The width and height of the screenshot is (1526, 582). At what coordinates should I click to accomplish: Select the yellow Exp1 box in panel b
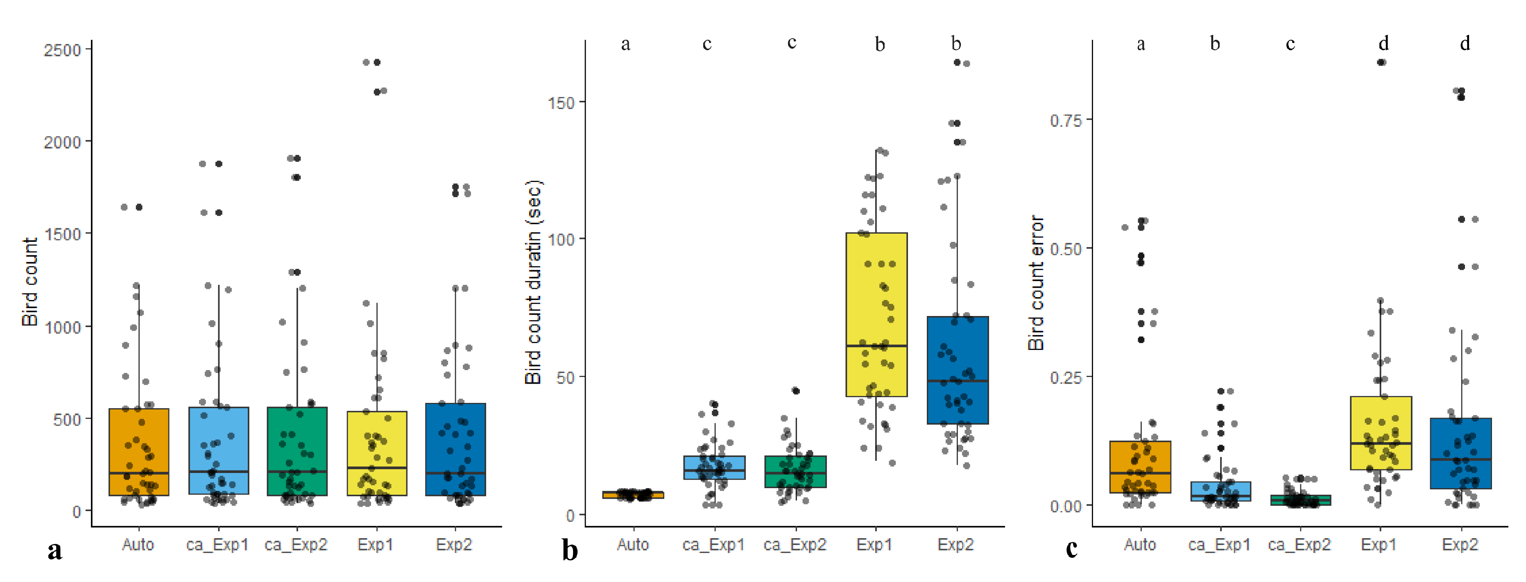(876, 296)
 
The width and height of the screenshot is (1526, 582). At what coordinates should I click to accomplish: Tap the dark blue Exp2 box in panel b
(957, 356)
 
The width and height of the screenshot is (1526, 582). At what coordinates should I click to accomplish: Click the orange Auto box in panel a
(138, 439)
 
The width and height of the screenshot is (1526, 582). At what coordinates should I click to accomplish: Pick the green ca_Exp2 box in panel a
(297, 439)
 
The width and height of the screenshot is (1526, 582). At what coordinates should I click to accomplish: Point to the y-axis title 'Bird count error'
(1035, 283)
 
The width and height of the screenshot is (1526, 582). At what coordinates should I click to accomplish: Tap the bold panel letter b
(569, 550)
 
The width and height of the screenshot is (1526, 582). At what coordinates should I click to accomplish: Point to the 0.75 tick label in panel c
(1066, 121)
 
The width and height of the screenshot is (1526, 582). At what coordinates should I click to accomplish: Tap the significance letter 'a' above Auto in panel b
(625, 44)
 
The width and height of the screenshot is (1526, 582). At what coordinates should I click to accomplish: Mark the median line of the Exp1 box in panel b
(876, 346)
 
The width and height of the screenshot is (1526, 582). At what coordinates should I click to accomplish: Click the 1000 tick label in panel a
(62, 327)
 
